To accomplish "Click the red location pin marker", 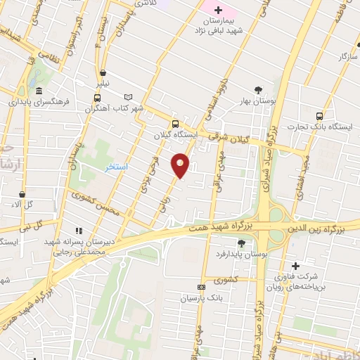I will [x=180, y=165].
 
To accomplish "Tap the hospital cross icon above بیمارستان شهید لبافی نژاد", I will [x=218, y=10].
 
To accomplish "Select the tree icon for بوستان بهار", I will [x=259, y=89].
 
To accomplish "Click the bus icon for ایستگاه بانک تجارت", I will [x=320, y=117].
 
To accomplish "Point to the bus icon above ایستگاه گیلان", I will [x=175, y=124].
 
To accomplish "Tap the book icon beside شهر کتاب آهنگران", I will [x=127, y=98].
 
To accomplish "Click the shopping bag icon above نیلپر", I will [x=103, y=72].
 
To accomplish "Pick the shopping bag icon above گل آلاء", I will [x=22, y=193].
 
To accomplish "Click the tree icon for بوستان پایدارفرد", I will [x=242, y=243].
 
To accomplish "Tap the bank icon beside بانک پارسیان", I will [x=202, y=287].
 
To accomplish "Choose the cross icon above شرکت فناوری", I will [x=295, y=266].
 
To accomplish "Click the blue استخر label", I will [x=116, y=167].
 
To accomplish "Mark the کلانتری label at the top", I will [x=145, y=4].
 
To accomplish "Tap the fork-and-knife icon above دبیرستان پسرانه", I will [x=79, y=231].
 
